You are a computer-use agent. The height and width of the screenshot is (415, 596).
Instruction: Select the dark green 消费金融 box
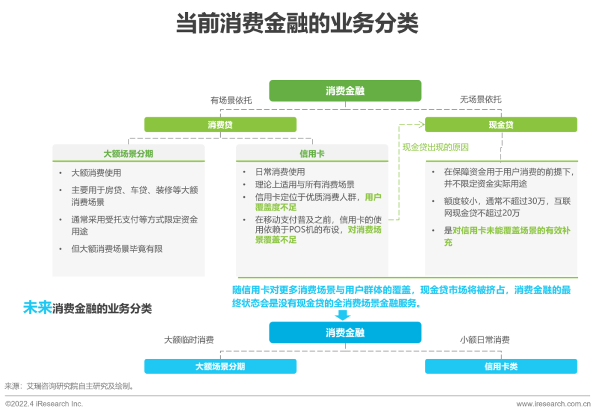[x=345, y=91]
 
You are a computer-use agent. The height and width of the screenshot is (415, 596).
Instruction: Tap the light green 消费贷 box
[x=220, y=125]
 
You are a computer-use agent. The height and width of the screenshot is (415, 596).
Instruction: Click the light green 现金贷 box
[x=501, y=125]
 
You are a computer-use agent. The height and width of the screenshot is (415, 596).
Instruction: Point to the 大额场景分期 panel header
[x=128, y=154]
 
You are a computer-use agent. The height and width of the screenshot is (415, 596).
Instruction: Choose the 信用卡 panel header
[x=312, y=154]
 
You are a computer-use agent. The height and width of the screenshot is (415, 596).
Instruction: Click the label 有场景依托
[x=231, y=100]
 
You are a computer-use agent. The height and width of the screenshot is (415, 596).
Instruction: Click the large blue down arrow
[x=343, y=315]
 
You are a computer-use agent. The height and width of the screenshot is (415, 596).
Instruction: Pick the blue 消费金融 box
[x=345, y=333]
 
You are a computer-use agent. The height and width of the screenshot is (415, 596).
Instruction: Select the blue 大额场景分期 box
[x=220, y=367]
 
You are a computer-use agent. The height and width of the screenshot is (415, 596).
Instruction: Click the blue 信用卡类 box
[x=501, y=367]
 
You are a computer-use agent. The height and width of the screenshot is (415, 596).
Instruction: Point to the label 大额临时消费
[x=189, y=340]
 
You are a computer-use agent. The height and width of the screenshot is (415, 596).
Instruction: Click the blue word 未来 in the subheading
[x=38, y=308]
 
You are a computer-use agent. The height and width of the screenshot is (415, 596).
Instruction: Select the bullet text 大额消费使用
[x=96, y=173]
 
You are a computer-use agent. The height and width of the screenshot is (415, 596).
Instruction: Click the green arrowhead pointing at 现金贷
[x=422, y=125]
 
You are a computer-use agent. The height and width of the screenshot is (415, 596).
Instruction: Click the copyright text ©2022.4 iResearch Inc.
[x=44, y=404]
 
